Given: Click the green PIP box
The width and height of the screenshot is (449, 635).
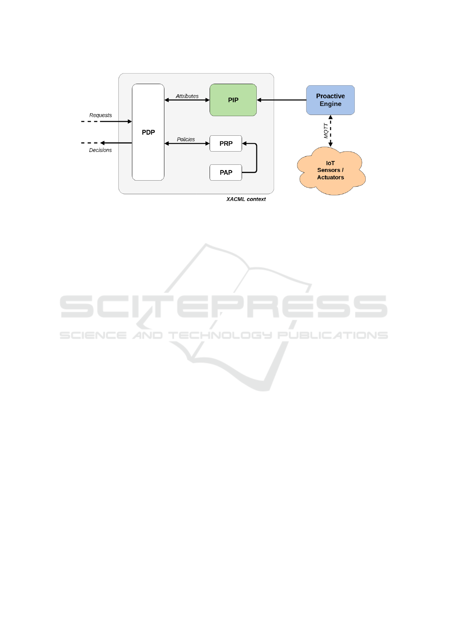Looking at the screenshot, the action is click(233, 100).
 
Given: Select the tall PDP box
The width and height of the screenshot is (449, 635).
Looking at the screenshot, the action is click(148, 132).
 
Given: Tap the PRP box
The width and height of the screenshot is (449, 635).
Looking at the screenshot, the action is click(226, 144).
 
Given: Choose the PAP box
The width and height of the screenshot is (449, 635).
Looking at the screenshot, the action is click(226, 173).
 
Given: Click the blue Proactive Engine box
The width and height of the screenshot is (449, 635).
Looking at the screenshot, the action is click(330, 100).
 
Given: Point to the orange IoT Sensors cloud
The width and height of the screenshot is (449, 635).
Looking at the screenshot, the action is click(330, 170).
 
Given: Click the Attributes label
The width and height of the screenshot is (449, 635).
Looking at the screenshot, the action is click(187, 96).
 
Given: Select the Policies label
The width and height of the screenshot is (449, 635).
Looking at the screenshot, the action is click(186, 140).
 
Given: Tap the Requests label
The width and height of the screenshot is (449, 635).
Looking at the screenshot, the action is click(100, 115).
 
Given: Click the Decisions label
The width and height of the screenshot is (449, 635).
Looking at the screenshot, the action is click(100, 150).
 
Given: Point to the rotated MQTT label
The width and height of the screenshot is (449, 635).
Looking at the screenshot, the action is click(326, 131).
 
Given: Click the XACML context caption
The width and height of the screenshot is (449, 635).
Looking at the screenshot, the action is click(246, 199).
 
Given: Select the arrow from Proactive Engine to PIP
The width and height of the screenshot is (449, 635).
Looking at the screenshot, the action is click(282, 100).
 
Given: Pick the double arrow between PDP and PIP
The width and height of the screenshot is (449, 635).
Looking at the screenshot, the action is click(187, 100).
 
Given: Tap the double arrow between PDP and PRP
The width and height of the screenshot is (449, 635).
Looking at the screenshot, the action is click(187, 144).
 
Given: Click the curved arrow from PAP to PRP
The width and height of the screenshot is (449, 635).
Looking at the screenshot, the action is click(256, 158).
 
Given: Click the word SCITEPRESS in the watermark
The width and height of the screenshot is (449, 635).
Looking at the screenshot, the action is click(224, 306).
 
